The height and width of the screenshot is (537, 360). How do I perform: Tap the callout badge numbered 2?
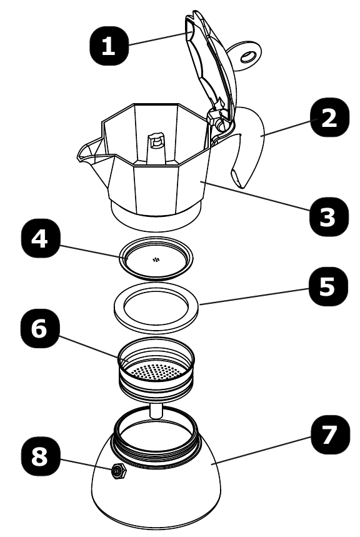pos(327,120)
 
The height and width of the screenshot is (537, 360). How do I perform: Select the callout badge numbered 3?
pos(327,218)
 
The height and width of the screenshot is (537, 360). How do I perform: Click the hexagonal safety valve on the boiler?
pos(117,473)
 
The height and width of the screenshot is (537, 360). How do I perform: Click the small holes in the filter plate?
pos(155,259)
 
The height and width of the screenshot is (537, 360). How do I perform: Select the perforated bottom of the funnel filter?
pos(155,373)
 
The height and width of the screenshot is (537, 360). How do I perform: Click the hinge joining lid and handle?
pos(219,119)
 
